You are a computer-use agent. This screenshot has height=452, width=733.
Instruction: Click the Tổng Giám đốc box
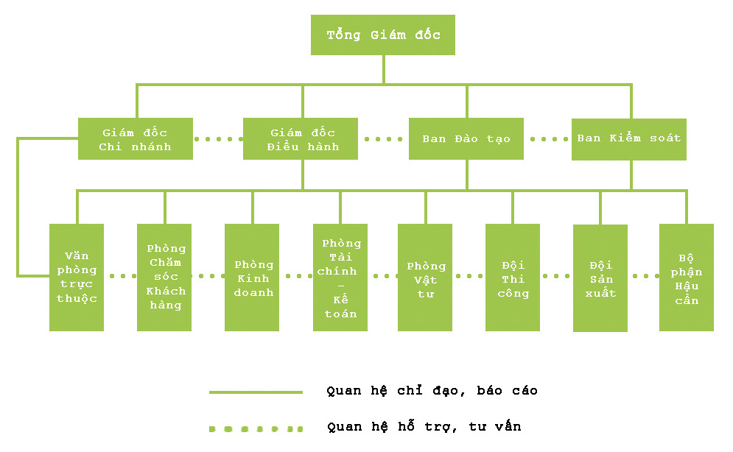383,35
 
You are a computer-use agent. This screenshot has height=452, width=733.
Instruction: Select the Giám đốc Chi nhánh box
136,138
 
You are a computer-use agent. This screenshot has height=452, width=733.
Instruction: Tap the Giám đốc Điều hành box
301,138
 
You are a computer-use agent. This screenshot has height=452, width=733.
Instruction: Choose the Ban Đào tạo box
466,138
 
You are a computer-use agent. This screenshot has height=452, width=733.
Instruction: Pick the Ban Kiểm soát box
629,138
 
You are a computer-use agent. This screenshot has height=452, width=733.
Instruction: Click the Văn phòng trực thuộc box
77,278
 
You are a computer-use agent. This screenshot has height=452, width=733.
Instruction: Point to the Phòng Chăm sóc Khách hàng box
164,278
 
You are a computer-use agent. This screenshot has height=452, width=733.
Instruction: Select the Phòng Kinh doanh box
252,278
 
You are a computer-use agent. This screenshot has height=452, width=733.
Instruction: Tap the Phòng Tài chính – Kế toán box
340,278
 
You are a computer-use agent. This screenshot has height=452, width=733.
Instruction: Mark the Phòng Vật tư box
425,278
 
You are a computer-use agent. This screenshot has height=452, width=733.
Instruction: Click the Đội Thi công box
513,278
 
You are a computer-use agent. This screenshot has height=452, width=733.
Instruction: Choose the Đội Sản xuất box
600,278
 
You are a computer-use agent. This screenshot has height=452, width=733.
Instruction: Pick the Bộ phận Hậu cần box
687,278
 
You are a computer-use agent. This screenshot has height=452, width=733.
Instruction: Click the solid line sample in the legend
256,392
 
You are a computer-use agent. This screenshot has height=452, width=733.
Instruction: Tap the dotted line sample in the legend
256,428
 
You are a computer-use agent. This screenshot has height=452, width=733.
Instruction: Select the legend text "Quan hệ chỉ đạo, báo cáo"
432,391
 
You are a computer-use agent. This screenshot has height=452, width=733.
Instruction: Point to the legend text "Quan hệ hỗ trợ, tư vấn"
424,426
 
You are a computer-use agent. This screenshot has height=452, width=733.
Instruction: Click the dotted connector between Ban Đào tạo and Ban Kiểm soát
548,138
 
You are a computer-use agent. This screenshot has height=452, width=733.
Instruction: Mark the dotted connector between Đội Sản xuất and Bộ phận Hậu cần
644,276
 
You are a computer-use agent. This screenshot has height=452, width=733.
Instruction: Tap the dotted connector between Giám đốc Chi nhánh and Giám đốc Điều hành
218,138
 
